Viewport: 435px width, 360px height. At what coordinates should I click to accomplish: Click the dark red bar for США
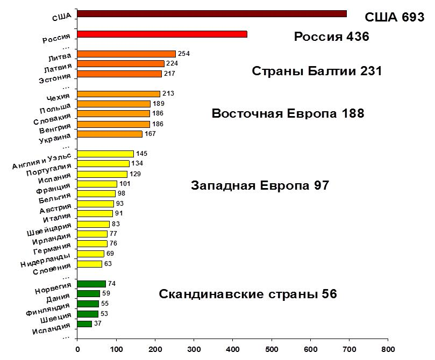coord(212,14)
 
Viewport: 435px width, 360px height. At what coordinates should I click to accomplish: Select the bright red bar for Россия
coord(162,34)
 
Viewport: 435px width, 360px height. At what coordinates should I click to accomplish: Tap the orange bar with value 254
coord(126,54)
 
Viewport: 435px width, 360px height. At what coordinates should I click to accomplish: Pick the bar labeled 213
coord(118,93)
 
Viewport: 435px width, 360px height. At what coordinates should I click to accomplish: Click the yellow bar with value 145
coord(105,154)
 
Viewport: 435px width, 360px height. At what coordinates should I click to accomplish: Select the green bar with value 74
coord(91,284)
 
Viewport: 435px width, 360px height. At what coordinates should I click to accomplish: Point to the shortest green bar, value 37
coord(84,323)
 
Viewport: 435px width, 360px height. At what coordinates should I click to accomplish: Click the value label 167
coord(150,134)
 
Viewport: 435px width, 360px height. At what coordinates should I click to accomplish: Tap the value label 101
coord(125,184)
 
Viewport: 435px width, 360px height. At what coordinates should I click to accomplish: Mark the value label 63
coord(108,264)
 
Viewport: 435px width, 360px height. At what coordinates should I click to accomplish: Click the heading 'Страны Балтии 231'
coord(317,71)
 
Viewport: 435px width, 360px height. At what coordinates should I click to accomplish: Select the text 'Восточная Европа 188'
coord(288,114)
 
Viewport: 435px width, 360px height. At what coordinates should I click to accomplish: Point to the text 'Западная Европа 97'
coord(260,186)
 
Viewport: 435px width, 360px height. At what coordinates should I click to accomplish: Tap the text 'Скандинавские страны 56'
coord(248,294)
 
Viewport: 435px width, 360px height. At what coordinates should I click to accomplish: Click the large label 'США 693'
coord(395,17)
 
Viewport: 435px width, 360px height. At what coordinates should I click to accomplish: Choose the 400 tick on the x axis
coord(233,348)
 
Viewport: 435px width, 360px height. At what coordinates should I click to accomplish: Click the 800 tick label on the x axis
coord(388,348)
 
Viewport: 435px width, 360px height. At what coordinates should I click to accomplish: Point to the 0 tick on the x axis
coord(77,348)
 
